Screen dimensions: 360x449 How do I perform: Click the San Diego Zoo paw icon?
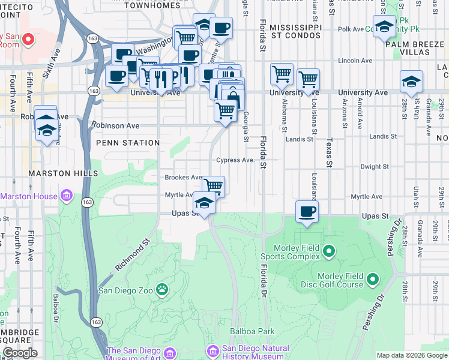coord(162,290)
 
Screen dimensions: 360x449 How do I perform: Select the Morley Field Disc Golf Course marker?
coord(373,279)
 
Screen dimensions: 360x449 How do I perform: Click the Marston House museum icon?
coord(66,196)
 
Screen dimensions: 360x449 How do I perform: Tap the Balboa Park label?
coord(252,331)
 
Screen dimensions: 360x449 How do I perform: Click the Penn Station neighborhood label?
coord(128,143)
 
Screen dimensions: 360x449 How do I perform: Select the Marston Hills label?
coord(62,173)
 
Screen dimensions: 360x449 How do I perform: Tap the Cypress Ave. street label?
coord(236,160)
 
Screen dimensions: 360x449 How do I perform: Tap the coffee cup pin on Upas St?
coord(307,211)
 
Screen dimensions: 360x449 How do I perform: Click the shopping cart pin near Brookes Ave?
coord(214,185)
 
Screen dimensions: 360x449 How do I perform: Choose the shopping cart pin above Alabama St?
coord(282,74)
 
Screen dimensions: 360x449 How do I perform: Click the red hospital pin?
coord(28,40)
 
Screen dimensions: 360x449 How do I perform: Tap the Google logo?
coord(20,353)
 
